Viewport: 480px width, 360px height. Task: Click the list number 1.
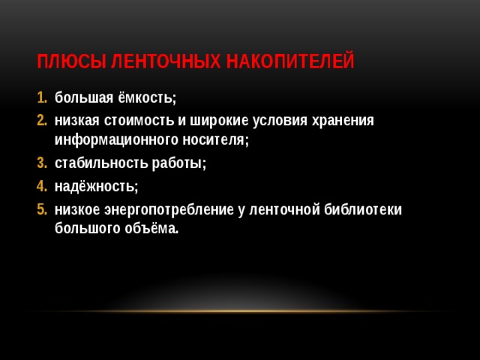point(42,98)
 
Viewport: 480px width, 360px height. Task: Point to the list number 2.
point(42,120)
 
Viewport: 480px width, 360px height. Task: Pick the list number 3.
point(42,163)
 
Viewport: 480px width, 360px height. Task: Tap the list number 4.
point(42,185)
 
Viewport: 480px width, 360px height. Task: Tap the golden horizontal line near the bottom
point(240,311)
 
